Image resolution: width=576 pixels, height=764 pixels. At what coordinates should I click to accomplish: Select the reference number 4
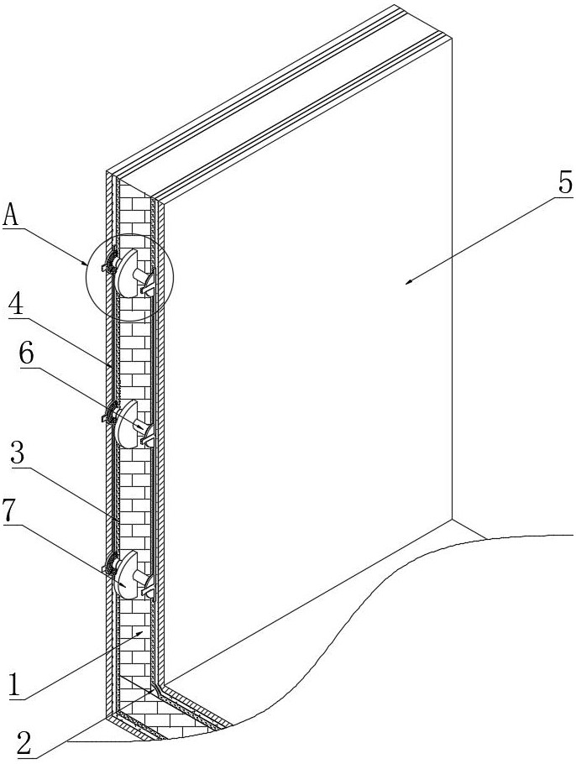[17, 306]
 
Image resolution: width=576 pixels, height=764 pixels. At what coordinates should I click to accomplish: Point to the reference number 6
[27, 355]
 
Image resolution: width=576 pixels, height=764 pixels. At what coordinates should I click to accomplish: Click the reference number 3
[18, 455]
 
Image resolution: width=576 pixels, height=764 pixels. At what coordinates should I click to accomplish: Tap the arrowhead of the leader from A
[86, 263]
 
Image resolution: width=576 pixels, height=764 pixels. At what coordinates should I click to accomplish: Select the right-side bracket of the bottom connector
[148, 583]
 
